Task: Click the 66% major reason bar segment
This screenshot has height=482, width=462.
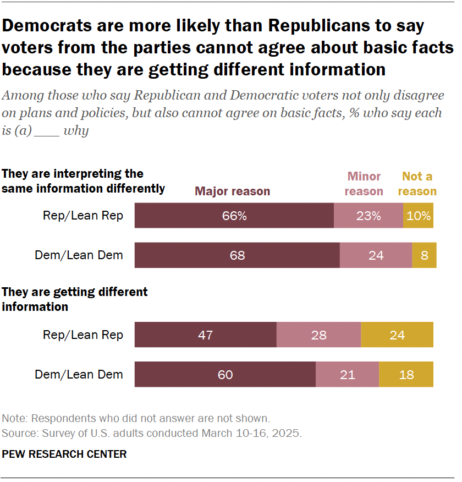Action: point(234,216)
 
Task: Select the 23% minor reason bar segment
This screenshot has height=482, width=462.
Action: point(369,216)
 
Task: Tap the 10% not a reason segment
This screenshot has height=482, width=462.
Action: point(419,216)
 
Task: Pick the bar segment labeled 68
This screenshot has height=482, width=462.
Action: point(237,255)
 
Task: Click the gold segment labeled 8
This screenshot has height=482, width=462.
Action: point(424,255)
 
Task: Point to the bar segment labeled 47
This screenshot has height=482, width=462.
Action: point(205,335)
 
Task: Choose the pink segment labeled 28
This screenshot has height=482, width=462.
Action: point(318,335)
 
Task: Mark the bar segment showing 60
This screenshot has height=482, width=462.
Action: point(225,375)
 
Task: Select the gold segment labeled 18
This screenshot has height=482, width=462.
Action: point(406,375)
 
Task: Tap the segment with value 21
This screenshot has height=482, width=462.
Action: point(347,375)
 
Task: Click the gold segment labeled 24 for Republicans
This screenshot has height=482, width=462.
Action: point(397,335)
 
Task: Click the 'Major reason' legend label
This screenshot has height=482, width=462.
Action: point(233,191)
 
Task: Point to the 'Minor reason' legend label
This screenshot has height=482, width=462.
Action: point(364,184)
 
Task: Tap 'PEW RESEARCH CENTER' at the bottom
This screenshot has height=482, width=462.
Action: point(64,454)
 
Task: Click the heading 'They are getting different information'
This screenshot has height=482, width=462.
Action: point(75,299)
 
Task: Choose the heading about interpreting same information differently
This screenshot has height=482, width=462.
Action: point(83,181)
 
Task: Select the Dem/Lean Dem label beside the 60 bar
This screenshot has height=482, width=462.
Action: point(79,375)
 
